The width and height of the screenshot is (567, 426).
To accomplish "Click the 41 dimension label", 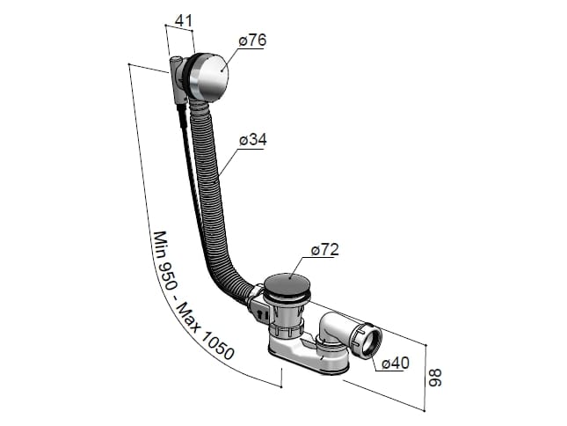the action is [184, 20].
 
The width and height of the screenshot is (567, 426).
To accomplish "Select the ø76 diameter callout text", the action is [252, 40].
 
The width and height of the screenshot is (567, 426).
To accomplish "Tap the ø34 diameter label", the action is [253, 139].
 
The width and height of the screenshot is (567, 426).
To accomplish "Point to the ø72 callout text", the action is [325, 249].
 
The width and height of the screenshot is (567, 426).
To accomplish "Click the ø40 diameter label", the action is [396, 363].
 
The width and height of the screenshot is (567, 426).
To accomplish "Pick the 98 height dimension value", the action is [434, 378].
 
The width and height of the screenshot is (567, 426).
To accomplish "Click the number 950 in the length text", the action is [166, 275].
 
